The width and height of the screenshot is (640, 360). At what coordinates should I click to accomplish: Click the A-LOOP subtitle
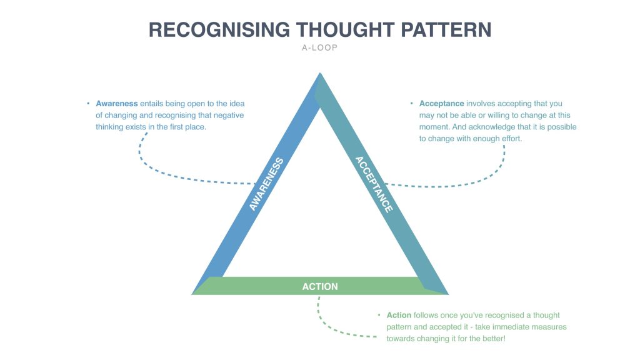[319, 47]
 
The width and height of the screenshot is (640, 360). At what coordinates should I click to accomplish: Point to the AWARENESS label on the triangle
[266, 184]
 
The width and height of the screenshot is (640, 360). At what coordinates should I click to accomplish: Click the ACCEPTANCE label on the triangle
[374, 184]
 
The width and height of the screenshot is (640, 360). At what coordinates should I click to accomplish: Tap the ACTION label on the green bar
[320, 286]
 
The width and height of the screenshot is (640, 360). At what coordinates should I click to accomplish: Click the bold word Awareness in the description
[117, 104]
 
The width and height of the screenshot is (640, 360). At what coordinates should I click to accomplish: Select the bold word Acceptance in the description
[442, 104]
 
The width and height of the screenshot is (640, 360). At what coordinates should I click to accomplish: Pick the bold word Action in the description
[399, 316]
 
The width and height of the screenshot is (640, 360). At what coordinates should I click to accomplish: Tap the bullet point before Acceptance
[412, 104]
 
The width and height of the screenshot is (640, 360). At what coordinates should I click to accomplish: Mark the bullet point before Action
[379, 316]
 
